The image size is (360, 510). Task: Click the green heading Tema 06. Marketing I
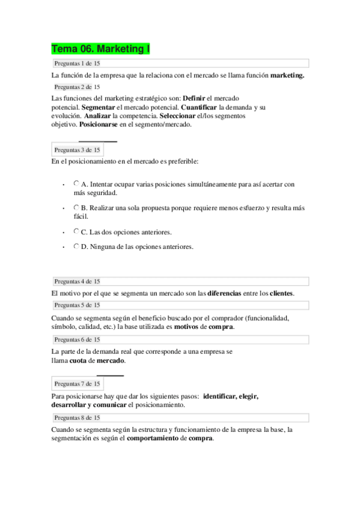(x=100, y=49)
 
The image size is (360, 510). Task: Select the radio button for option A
(x=76, y=183)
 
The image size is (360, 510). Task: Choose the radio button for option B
(x=76, y=207)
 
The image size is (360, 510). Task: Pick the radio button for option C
(x=76, y=231)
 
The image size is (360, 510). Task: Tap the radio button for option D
(x=76, y=246)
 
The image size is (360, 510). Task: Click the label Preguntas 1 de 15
(x=77, y=63)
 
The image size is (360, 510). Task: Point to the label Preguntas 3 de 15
(x=77, y=150)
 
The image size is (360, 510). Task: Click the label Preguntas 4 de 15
(x=77, y=281)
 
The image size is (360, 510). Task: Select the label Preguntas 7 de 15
(x=77, y=383)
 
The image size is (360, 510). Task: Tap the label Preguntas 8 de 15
(x=77, y=417)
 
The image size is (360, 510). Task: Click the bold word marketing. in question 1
(x=287, y=76)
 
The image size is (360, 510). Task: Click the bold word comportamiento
(x=153, y=438)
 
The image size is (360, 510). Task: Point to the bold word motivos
(x=188, y=327)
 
